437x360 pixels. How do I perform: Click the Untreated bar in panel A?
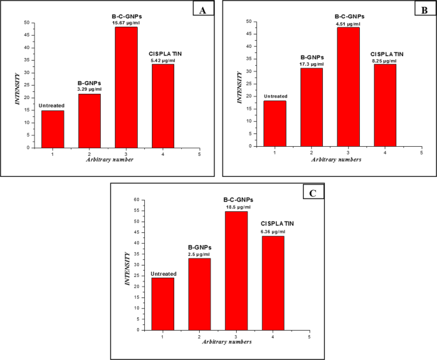pyautogui.click(x=52, y=129)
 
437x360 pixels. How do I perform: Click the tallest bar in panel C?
pyautogui.click(x=236, y=271)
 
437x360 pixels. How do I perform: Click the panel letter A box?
pyautogui.click(x=204, y=10)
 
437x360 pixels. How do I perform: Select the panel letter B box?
pyautogui.click(x=422, y=10)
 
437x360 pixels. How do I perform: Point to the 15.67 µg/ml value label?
pyautogui.click(x=126, y=22)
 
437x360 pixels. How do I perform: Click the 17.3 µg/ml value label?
pyautogui.click(x=311, y=64)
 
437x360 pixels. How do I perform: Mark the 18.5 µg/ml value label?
pyautogui.click(x=237, y=207)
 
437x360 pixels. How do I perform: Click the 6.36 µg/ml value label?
pyautogui.click(x=272, y=231)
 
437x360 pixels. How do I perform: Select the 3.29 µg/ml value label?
pyautogui.click(x=89, y=89)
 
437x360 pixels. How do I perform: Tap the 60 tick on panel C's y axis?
pyautogui.click(x=135, y=200)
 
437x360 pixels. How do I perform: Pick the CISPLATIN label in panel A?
pyautogui.click(x=162, y=54)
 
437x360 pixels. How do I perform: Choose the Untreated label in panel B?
pyautogui.click(x=275, y=97)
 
